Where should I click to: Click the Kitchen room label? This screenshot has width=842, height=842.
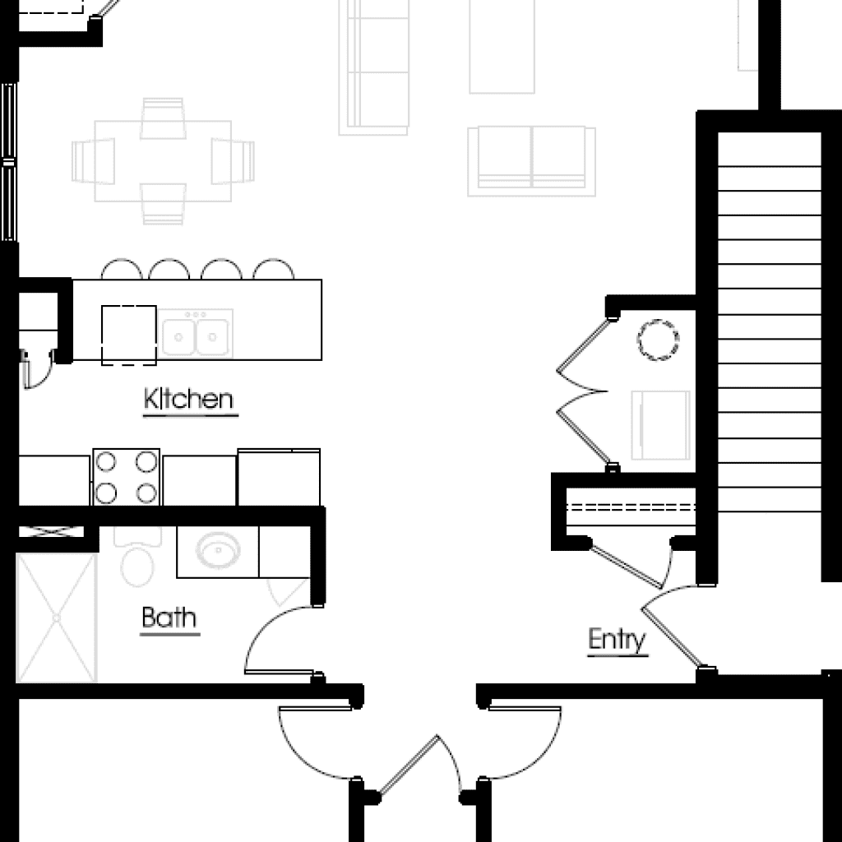[x=189, y=400]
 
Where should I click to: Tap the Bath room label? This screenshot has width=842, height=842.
[x=169, y=618]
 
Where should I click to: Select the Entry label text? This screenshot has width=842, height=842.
[x=617, y=640]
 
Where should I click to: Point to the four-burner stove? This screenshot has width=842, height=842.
[x=126, y=477]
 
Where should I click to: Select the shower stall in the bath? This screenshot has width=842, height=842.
[x=56, y=617]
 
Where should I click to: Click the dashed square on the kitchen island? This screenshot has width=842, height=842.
[x=128, y=334]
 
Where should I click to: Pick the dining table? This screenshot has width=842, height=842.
[x=163, y=161]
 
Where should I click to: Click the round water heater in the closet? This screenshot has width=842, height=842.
[x=659, y=340]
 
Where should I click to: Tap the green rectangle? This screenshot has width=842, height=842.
[x=811, y=53]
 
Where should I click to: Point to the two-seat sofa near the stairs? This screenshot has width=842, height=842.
[x=531, y=161]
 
